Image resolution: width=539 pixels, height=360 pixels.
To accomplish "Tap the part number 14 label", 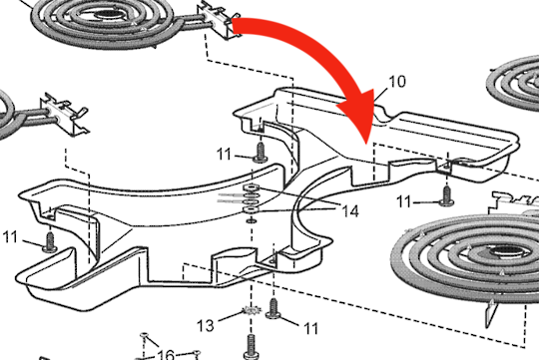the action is [347, 210].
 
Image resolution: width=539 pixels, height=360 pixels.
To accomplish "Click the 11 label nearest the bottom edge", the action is [311, 327].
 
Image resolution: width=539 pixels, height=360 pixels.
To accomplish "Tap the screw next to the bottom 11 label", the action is [275, 313].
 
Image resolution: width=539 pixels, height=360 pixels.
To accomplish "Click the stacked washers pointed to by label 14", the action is [253, 197].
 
